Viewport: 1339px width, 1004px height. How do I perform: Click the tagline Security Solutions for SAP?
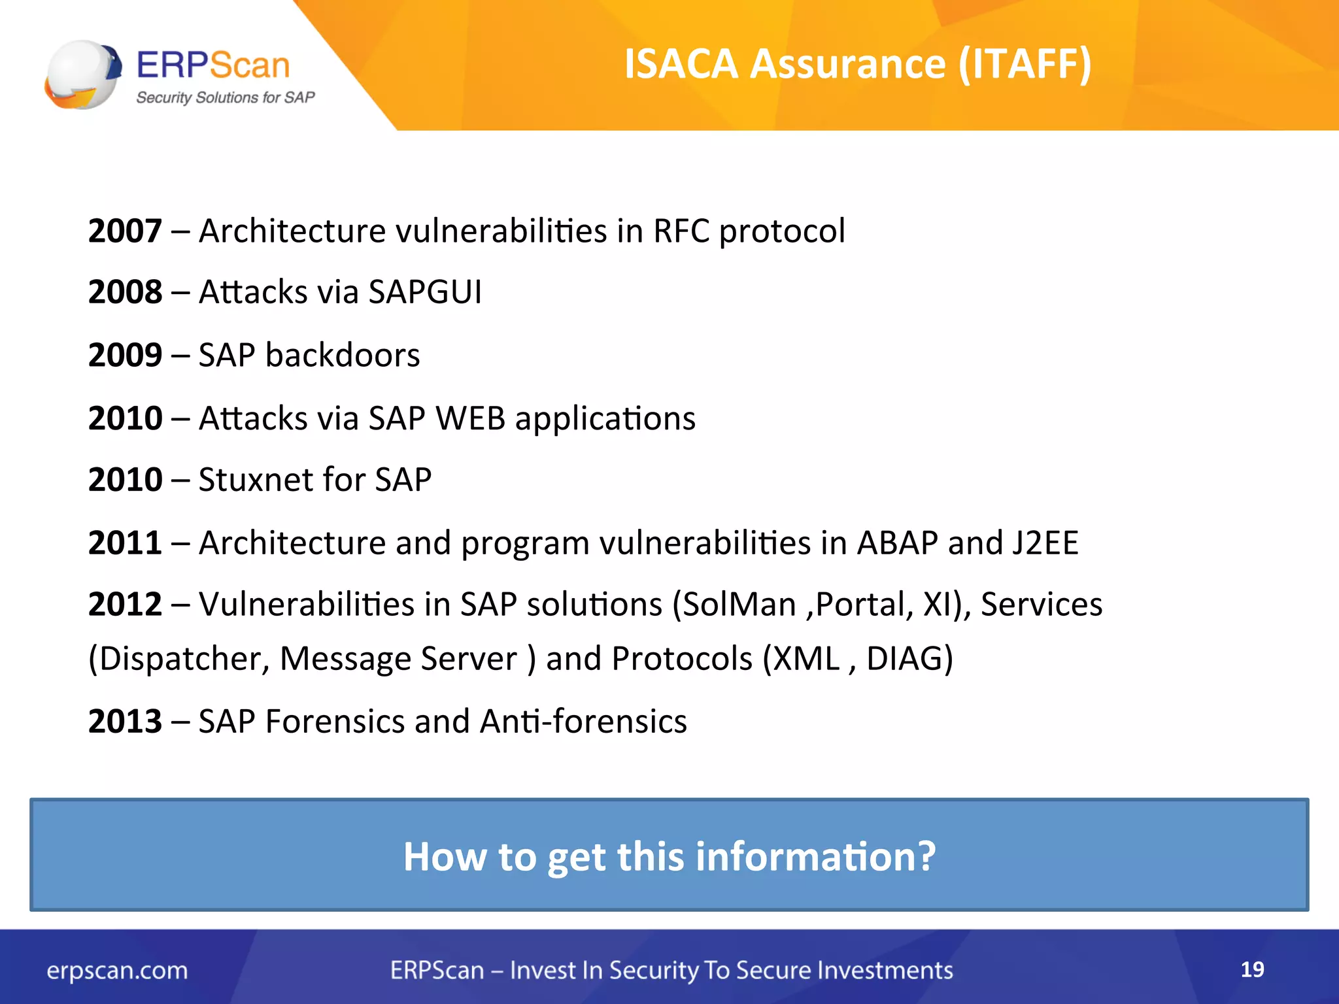tap(225, 97)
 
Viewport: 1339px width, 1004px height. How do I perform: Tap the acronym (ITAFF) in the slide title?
tap(1025, 64)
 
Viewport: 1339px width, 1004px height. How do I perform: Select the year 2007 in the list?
tap(125, 231)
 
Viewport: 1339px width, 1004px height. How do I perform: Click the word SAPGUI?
tap(425, 292)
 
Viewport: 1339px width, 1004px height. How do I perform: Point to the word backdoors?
tap(343, 355)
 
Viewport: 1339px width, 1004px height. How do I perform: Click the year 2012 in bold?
tap(125, 604)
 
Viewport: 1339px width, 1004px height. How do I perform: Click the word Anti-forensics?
tap(583, 722)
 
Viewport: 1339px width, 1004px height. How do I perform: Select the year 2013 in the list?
tap(125, 722)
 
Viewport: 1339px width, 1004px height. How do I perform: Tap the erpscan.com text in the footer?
tap(117, 971)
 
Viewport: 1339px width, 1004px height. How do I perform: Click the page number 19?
tap(1252, 969)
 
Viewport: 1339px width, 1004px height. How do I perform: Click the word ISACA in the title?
tap(681, 64)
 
